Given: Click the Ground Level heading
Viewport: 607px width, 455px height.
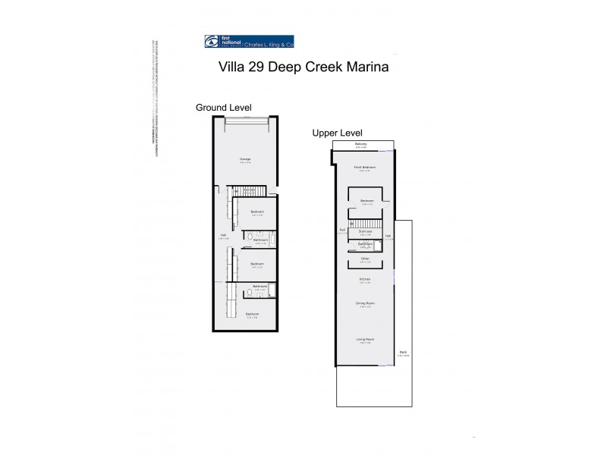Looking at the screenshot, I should pos(224,107).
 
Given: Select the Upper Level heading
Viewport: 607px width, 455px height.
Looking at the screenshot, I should pos(338,133).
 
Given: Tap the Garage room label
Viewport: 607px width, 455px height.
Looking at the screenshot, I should pos(245,158).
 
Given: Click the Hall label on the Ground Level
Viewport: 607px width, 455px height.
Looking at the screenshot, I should pos(223,235).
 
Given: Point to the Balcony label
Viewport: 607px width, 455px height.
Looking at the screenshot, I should pos(361,144).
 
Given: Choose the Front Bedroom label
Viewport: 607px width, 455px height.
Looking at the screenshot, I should pos(365,166).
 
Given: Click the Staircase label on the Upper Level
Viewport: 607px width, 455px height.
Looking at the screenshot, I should pos(365,231).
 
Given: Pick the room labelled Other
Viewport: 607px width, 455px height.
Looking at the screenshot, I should pos(365,259).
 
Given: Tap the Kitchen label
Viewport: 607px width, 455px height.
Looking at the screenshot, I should pos(365,279).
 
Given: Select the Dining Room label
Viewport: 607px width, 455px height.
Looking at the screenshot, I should pos(365,303).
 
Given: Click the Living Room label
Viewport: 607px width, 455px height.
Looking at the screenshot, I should pos(365,339).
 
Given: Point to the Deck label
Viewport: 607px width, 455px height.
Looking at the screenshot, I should pos(403,352).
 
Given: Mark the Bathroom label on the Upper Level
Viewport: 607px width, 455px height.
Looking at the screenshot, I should pos(365,243).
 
